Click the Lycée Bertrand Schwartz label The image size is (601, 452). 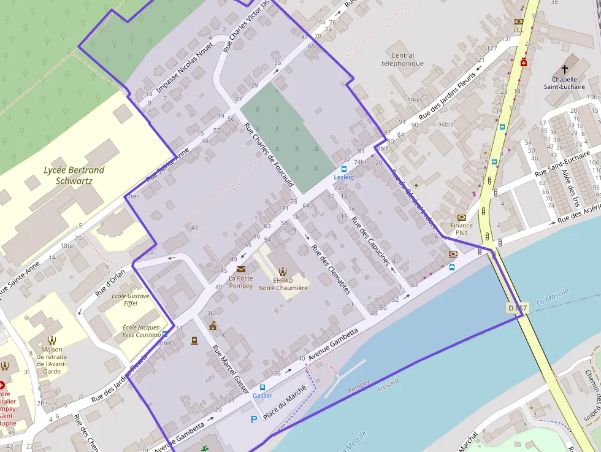coord(74,175)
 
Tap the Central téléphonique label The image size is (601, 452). coord(402,59)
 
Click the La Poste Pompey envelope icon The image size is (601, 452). coord(240,269)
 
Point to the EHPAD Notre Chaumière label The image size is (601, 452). coord(283,284)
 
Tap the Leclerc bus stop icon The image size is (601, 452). coord(343,169)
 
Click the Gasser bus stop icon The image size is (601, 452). coord(262,388)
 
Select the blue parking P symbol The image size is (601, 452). coord(255,420)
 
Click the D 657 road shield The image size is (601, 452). coord(518,307)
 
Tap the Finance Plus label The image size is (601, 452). coord(461,229)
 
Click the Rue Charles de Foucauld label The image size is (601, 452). coord(269,156)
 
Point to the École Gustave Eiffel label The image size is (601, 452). coord(128,299)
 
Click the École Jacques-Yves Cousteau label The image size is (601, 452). coord(142,331)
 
